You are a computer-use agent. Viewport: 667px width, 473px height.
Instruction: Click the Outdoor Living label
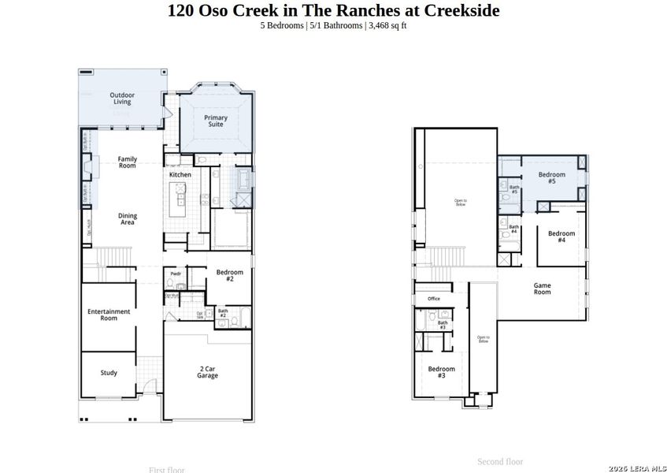click(121, 99)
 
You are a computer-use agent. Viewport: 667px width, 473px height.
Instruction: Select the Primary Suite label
click(216, 121)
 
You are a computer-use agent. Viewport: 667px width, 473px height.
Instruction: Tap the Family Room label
click(127, 162)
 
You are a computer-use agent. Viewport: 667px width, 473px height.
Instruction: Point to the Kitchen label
click(180, 175)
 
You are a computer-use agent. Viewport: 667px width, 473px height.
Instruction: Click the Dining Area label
click(127, 219)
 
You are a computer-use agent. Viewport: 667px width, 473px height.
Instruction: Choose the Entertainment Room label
click(109, 315)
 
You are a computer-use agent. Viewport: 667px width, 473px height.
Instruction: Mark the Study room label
click(109, 373)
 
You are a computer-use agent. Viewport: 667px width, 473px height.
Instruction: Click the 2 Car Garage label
click(208, 372)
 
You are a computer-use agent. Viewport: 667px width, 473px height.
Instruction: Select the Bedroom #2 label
click(229, 275)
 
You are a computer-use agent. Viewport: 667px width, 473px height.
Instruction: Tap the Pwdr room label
click(176, 274)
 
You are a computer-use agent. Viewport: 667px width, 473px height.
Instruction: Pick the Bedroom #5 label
click(551, 177)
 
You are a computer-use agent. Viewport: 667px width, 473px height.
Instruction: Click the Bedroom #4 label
click(561, 236)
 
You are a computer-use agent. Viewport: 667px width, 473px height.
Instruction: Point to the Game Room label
click(542, 289)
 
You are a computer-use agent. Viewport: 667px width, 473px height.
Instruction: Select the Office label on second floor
click(434, 299)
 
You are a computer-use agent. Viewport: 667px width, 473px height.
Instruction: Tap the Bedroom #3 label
click(442, 372)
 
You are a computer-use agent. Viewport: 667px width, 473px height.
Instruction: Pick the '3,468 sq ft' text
click(387, 26)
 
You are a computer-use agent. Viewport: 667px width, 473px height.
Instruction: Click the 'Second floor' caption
click(500, 461)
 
